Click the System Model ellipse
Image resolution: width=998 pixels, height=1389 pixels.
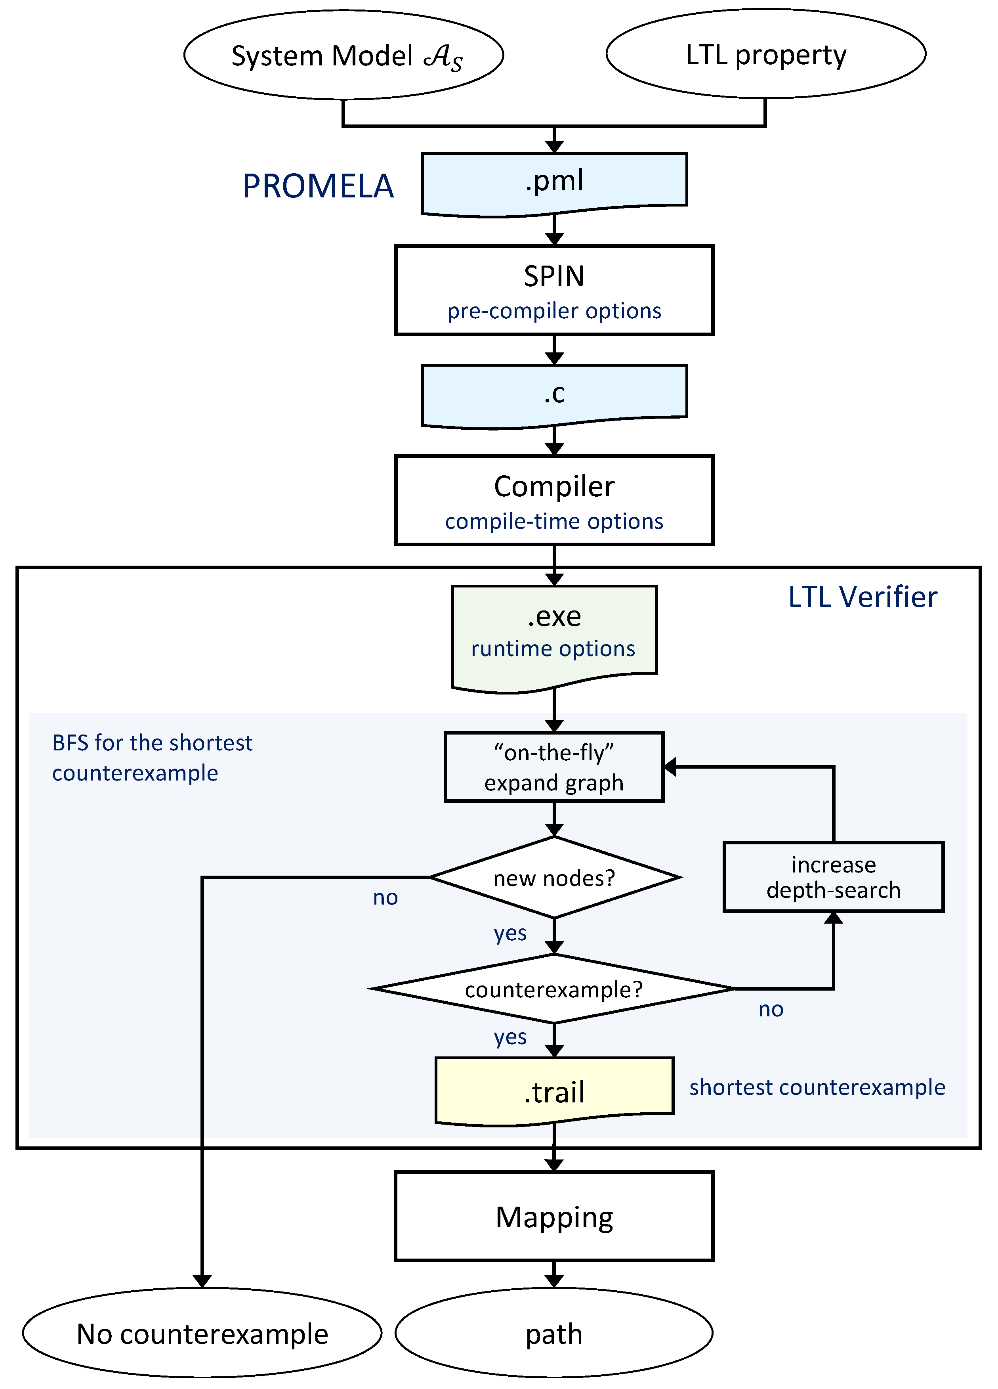click(343, 55)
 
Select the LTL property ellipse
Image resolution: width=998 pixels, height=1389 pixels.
click(765, 54)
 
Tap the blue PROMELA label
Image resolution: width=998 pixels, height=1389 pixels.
click(318, 186)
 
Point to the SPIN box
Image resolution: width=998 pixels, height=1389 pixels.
click(554, 277)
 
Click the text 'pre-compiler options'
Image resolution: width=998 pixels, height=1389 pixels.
click(554, 311)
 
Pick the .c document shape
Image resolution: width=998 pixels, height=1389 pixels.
click(554, 393)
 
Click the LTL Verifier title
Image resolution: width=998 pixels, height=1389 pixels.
click(862, 597)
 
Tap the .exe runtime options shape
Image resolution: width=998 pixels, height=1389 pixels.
click(554, 634)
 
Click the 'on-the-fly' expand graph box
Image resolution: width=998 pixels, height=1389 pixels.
click(554, 767)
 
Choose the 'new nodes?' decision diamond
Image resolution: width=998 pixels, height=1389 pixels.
click(554, 878)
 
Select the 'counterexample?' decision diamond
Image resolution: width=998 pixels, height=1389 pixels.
click(554, 989)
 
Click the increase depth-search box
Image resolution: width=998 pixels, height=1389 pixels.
click(833, 877)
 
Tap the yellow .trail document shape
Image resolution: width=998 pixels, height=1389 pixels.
click(554, 1091)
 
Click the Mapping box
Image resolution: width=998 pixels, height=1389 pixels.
click(554, 1217)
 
